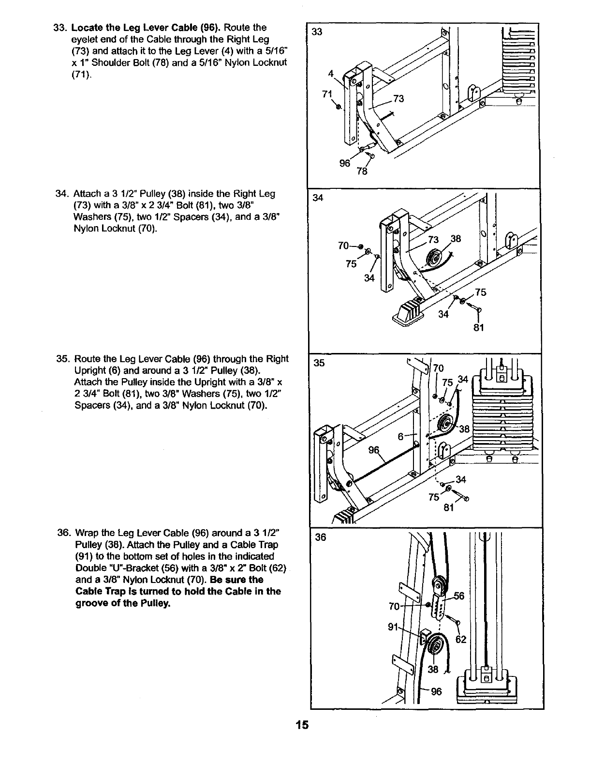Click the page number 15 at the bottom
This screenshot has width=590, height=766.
point(302,725)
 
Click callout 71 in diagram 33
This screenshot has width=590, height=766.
point(327,94)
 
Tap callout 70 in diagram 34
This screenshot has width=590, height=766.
point(344,246)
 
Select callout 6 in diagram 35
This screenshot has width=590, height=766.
point(400,436)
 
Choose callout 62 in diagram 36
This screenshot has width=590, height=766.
point(461,639)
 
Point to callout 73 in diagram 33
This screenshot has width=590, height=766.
point(398,99)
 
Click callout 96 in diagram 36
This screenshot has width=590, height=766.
point(436,692)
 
